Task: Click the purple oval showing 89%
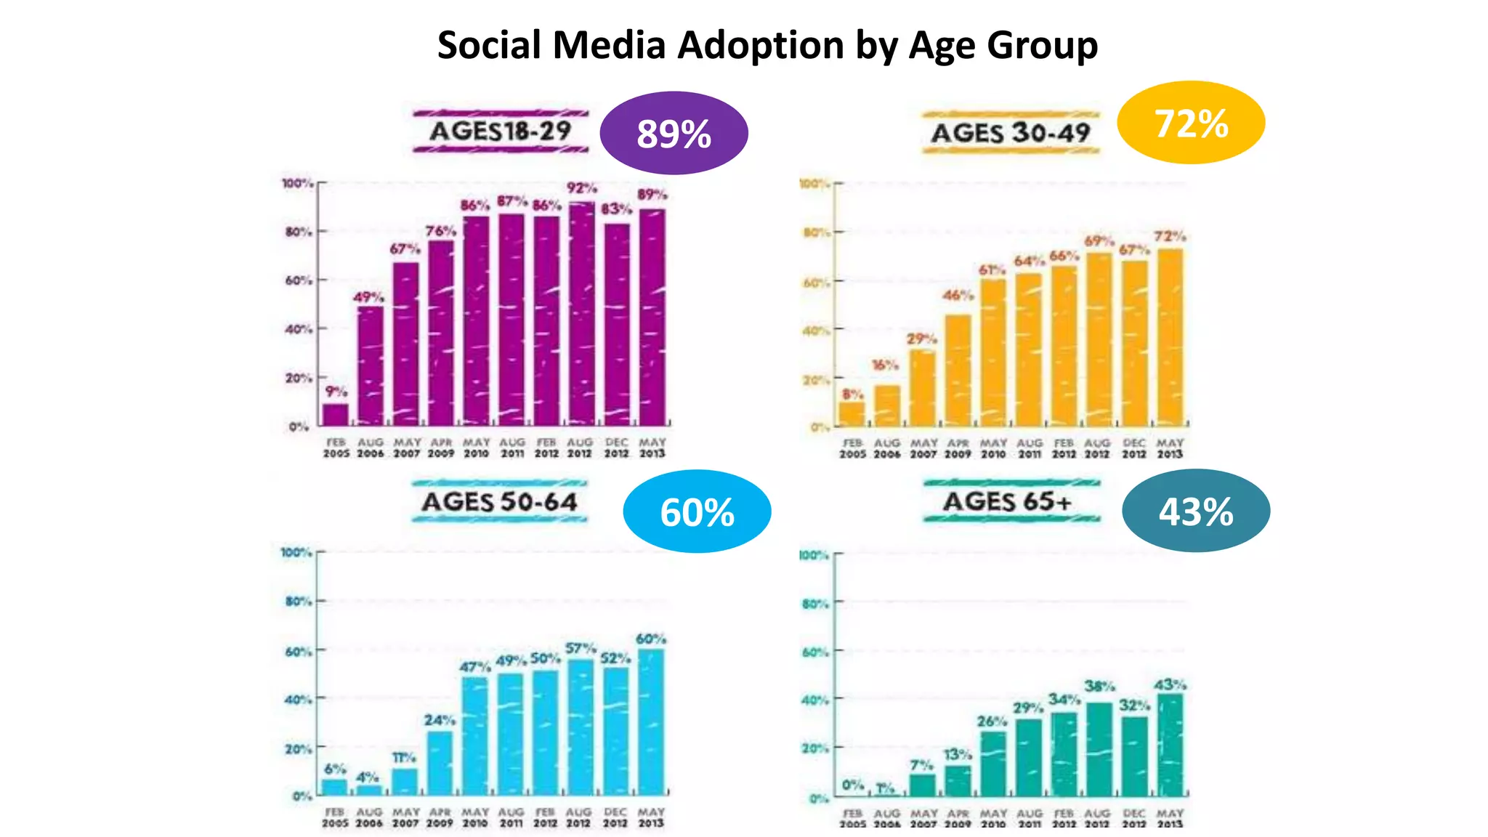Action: tap(674, 133)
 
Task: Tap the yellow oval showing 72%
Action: tap(1191, 123)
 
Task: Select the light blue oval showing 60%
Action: tap(697, 511)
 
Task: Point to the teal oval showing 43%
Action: tap(1196, 511)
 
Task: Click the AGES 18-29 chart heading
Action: tap(501, 132)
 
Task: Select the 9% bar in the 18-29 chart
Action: tap(335, 414)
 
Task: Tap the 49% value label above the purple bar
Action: tap(368, 297)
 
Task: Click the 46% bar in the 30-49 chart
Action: tap(958, 371)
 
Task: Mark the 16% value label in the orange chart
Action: tap(885, 365)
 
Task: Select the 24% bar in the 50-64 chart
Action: tap(440, 763)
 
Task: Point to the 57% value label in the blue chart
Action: tap(581, 648)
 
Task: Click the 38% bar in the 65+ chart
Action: tap(1099, 748)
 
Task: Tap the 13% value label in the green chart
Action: tap(957, 755)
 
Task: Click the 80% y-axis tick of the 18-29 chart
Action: tap(299, 232)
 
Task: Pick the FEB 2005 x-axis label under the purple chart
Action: tap(336, 448)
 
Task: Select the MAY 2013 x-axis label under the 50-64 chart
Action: tap(651, 817)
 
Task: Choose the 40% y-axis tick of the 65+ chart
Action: tap(814, 700)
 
